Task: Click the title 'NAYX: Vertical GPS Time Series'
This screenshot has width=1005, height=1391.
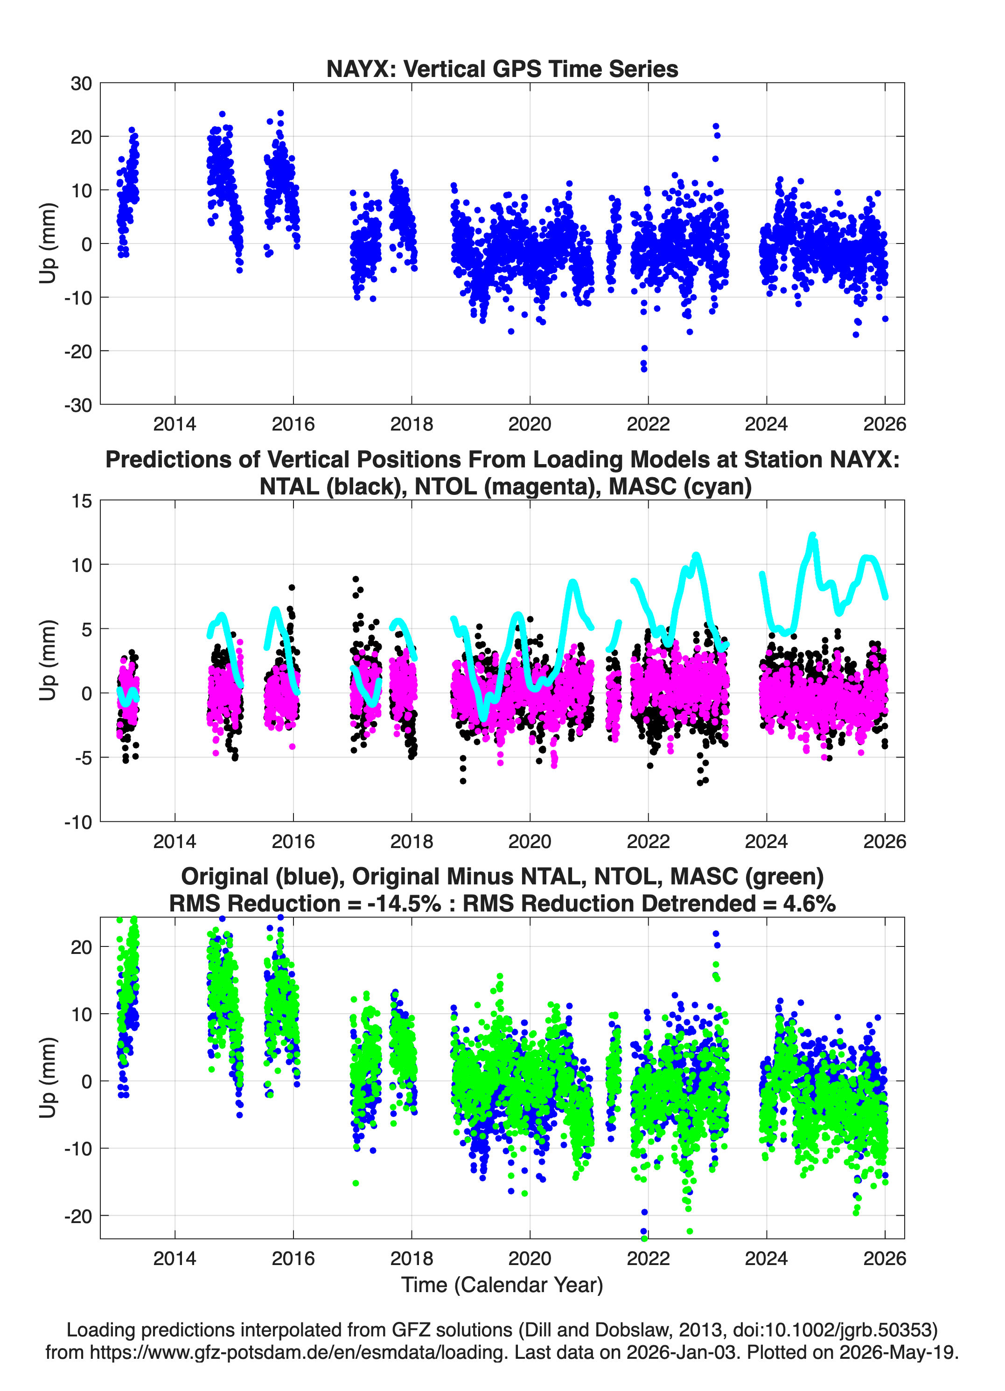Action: point(502,69)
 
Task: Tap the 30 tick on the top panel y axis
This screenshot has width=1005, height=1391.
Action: point(81,83)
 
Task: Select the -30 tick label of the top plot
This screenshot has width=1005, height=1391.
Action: point(78,405)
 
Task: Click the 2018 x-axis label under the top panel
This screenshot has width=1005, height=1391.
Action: point(412,424)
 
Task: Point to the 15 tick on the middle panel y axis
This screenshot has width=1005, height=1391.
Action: point(82,501)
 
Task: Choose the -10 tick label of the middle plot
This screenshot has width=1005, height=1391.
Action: point(78,822)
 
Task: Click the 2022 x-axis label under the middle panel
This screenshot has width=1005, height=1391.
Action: point(648,842)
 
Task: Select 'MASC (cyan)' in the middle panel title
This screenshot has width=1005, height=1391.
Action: point(680,487)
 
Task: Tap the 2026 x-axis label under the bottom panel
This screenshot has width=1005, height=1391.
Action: point(885,1259)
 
